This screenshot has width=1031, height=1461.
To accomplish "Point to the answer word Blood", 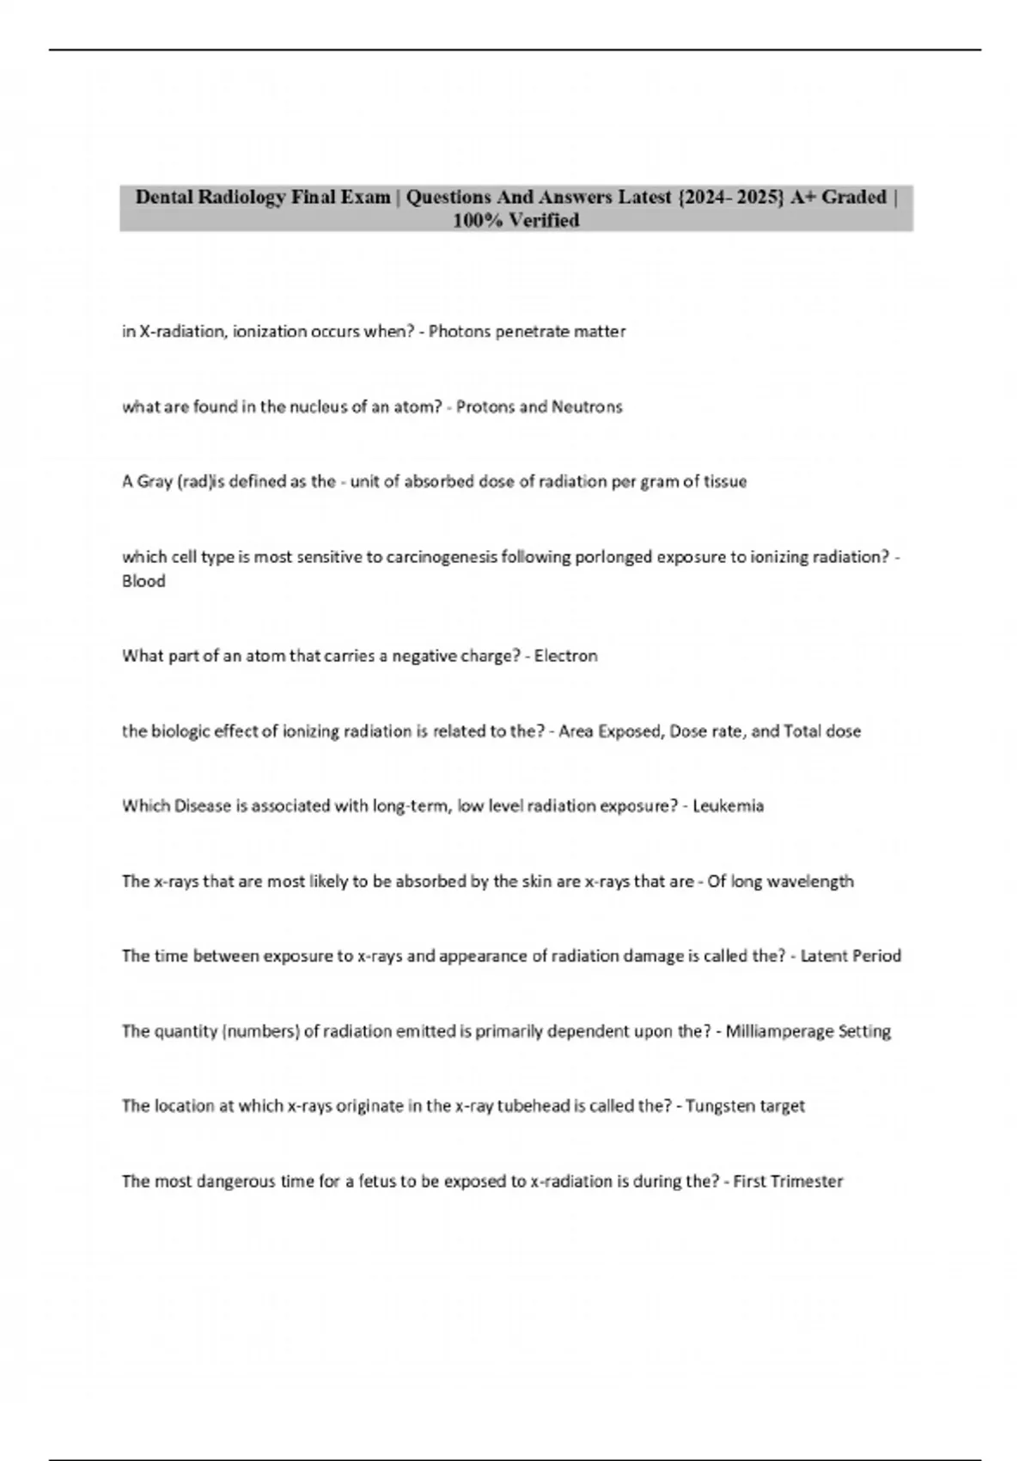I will (143, 581).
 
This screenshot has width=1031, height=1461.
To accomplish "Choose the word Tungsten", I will (717, 1106).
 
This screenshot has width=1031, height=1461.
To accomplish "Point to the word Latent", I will (823, 956).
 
